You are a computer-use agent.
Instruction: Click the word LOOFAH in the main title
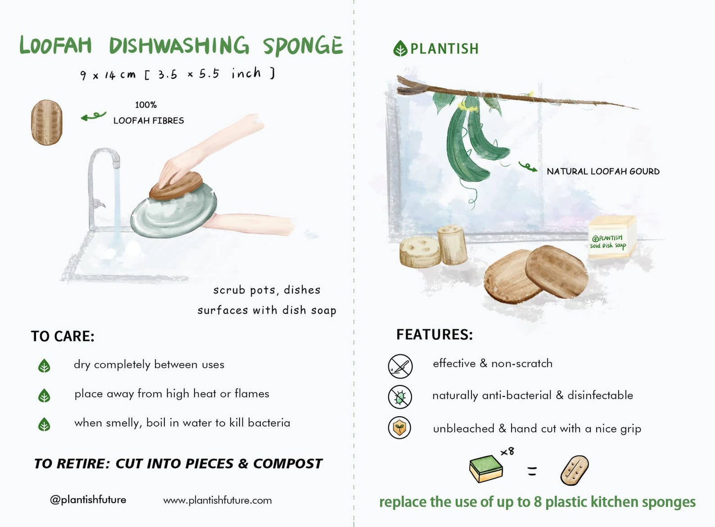(55, 46)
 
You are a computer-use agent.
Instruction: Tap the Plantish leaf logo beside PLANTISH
(400, 48)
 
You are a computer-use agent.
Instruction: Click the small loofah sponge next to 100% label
(47, 122)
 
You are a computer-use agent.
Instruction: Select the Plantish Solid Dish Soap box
(612, 237)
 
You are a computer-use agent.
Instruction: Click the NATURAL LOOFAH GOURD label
(603, 171)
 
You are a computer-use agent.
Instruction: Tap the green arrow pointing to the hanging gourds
(527, 167)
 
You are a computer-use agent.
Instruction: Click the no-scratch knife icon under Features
(400, 366)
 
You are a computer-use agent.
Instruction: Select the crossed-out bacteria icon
(400, 396)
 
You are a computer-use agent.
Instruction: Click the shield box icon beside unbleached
(400, 428)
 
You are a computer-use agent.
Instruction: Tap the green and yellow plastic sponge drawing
(485, 469)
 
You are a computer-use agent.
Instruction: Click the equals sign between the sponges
(532, 471)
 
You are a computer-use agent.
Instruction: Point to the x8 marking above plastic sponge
(507, 451)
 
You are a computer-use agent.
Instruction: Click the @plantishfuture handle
(88, 500)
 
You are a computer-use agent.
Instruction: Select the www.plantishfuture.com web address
(217, 500)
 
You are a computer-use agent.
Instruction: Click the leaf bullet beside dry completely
(45, 366)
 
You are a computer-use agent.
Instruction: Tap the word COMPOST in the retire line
(287, 464)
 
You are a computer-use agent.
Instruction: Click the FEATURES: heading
(434, 335)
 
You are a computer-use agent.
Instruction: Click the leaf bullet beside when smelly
(45, 425)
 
